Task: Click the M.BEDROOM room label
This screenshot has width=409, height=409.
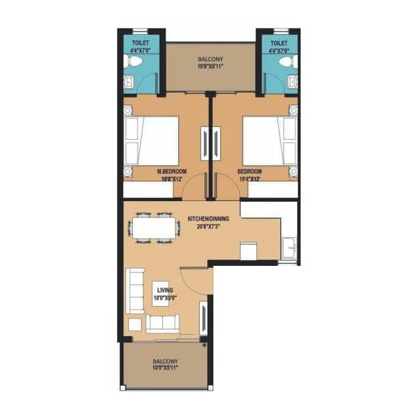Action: pyautogui.click(x=172, y=172)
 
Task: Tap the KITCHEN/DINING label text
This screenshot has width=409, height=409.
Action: pyautogui.click(x=208, y=219)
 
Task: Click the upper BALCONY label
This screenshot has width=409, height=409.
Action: pyautogui.click(x=210, y=59)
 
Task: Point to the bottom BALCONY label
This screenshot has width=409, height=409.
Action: pyautogui.click(x=165, y=361)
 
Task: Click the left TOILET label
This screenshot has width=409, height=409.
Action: pyautogui.click(x=141, y=42)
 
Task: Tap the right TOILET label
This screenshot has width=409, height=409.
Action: pyautogui.click(x=279, y=42)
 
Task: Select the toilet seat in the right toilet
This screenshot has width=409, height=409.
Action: pyautogui.click(x=287, y=62)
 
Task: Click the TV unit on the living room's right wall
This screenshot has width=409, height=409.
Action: pyautogui.click(x=203, y=316)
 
